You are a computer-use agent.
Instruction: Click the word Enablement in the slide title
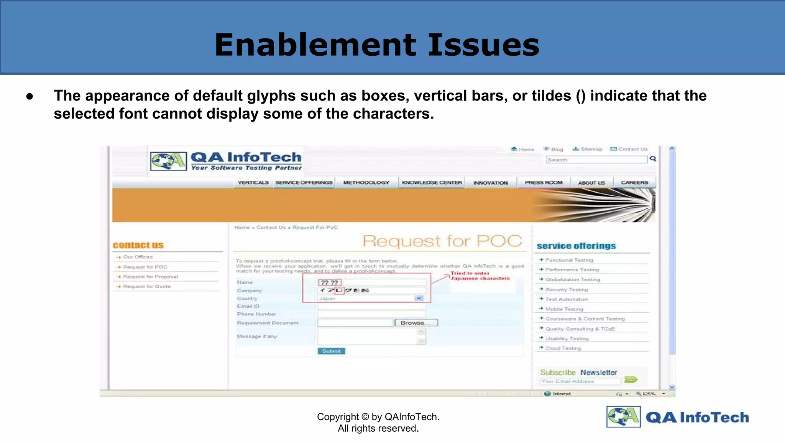(315, 45)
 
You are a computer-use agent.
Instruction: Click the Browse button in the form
(416, 323)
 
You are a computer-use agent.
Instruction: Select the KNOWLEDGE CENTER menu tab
(432, 183)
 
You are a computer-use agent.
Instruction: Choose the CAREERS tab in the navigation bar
(634, 183)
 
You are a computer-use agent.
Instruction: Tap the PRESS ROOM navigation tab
(543, 183)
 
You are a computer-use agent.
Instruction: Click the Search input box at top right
(596, 160)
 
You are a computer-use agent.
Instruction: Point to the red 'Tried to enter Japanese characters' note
(480, 276)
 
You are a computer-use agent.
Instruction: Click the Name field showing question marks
(371, 283)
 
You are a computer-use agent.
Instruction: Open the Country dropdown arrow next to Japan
(419, 298)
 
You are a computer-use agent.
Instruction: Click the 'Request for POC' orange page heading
(442, 241)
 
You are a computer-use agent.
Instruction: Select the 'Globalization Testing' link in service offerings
(572, 280)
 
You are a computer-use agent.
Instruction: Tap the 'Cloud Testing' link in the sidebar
(563, 348)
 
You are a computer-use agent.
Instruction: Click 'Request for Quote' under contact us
(147, 287)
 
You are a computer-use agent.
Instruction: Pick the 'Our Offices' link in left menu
(138, 257)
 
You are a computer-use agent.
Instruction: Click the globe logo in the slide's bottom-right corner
(623, 417)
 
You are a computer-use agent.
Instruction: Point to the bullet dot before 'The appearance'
(30, 96)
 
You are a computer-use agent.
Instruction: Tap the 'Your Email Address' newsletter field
(580, 381)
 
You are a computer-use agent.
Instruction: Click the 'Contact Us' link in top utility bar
(632, 149)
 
